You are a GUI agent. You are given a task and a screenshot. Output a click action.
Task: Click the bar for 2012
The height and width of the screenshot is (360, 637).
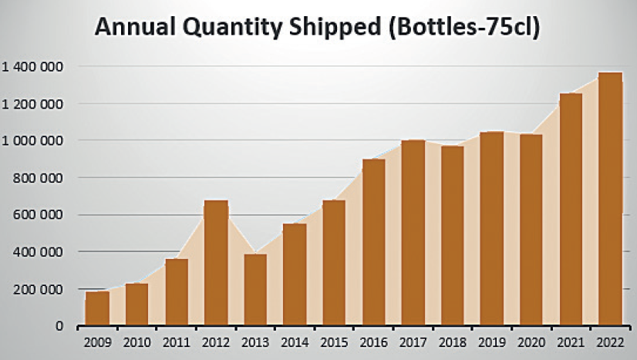[x=217, y=263]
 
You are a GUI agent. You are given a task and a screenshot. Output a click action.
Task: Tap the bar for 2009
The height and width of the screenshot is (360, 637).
[x=97, y=308]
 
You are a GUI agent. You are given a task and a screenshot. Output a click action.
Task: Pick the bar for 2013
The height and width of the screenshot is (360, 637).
[x=255, y=290]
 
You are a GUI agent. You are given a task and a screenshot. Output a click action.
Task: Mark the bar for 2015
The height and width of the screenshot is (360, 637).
[x=334, y=263]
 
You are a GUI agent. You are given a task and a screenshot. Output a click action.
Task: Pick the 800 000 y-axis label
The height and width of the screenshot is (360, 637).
[x=41, y=178]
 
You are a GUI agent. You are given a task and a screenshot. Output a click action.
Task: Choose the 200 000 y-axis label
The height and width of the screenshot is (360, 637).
[x=41, y=289]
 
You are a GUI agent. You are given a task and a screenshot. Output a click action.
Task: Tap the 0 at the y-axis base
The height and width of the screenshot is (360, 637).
[x=59, y=326]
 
